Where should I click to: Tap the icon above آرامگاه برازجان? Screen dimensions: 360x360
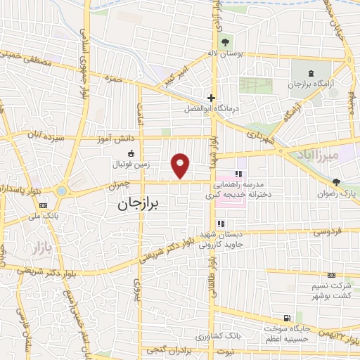(x=311, y=72)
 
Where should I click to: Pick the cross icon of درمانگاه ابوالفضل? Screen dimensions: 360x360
(x=210, y=97)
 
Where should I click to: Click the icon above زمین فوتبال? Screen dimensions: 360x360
(x=130, y=153)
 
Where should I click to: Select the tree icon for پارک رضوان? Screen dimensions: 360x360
(x=337, y=181)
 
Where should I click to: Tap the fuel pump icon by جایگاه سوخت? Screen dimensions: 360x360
(x=285, y=317)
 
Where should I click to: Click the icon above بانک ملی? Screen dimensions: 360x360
(x=44, y=206)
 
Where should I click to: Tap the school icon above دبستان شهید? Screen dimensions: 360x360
(x=220, y=224)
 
